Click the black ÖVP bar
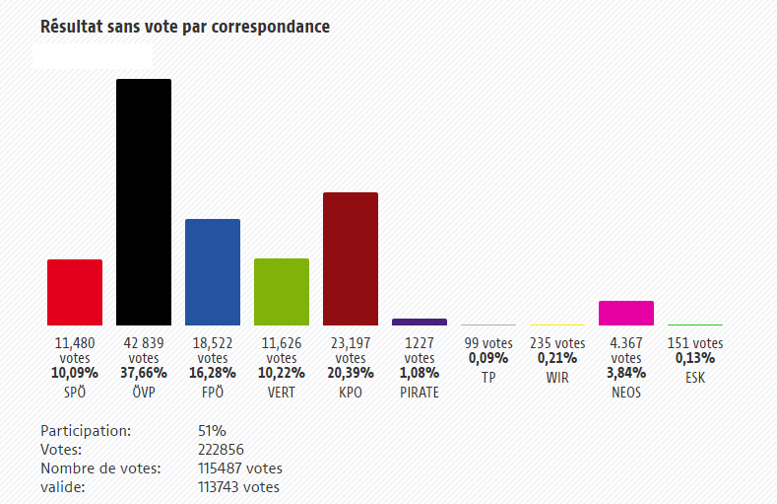(144, 202)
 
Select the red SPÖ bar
(75, 292)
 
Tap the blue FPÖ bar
(213, 272)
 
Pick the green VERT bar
(282, 292)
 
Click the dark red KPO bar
(351, 258)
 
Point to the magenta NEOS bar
(626, 313)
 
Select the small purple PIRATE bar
(420, 322)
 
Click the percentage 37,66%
(144, 374)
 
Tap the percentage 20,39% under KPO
(351, 374)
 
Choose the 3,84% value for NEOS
(626, 374)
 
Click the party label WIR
(557, 377)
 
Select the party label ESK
(695, 377)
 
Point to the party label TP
(488, 377)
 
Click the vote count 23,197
(351, 343)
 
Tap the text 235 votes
(557, 343)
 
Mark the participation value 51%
(212, 431)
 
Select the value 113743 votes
(239, 487)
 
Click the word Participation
(85, 431)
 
